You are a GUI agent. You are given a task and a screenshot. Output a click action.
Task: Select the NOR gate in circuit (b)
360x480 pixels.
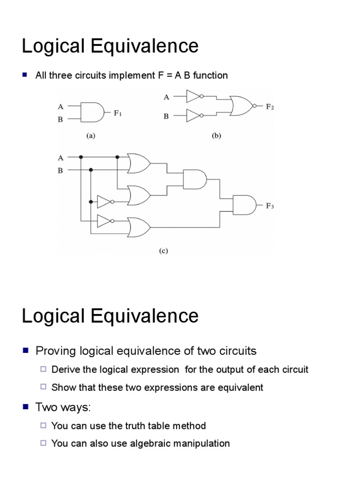240,106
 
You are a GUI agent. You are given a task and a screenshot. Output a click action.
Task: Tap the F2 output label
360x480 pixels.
270,106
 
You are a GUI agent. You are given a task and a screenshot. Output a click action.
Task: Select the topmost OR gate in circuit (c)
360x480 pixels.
139,164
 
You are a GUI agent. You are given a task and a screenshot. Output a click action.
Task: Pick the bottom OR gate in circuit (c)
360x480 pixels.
139,227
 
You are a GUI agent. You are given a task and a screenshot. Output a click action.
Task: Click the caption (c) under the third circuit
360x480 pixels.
163,251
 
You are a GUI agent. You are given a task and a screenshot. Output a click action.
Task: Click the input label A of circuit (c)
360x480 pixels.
60,157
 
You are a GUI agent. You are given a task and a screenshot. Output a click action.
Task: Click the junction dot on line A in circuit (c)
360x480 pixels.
81,157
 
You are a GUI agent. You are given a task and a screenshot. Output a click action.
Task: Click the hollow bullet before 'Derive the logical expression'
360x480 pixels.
43,369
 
